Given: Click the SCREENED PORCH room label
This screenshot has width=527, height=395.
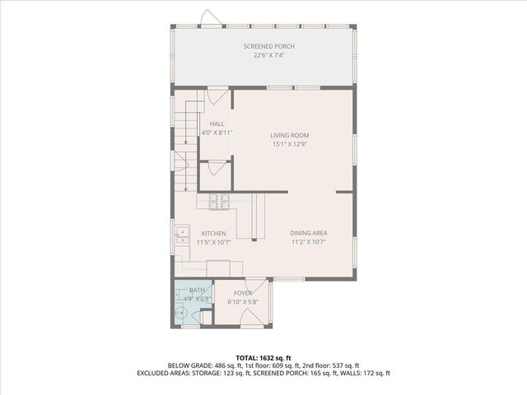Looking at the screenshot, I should [269, 46].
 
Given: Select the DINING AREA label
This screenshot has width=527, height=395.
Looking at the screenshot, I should [309, 233].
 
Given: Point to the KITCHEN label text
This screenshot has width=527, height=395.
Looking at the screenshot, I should [213, 233].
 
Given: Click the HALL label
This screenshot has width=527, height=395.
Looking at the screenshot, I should [217, 123].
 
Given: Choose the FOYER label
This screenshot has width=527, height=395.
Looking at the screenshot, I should [243, 293].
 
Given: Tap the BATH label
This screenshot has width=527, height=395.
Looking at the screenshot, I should [198, 290].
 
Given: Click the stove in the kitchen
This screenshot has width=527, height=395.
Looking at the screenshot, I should [218, 199].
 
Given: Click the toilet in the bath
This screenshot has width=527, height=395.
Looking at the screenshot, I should [181, 311].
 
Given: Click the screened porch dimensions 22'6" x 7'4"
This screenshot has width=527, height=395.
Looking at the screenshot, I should [269, 55].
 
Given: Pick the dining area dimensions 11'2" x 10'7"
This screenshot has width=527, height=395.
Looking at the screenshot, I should [309, 242].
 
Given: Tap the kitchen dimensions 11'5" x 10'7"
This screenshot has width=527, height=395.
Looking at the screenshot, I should [213, 242].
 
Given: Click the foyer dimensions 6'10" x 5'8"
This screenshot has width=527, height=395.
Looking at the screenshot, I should [243, 302].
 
